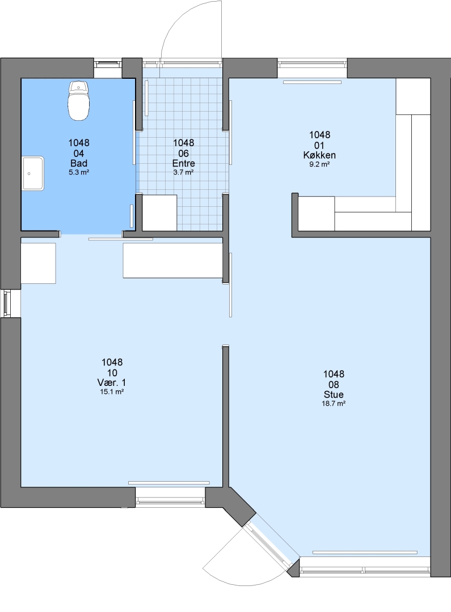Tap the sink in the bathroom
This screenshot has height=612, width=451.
tap(33, 173)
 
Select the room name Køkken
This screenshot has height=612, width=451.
tap(319, 155)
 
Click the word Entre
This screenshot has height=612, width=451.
tap(184, 164)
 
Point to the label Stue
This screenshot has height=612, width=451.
tap(334, 394)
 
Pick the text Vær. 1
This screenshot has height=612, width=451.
tap(112, 382)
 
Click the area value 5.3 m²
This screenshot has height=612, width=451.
tap(79, 172)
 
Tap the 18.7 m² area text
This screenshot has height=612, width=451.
tap(334, 403)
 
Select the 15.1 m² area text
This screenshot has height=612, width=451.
tap(112, 392)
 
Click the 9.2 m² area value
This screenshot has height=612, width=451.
tap(319, 164)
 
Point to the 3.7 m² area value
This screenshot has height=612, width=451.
tap(184, 172)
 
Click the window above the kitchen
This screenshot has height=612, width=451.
tap(312, 62)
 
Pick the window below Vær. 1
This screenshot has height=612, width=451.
tap(170, 499)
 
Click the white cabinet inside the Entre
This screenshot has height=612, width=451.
tap(159, 212)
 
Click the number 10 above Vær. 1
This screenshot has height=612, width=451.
tap(112, 373)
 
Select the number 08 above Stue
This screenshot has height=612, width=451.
tap(334, 385)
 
